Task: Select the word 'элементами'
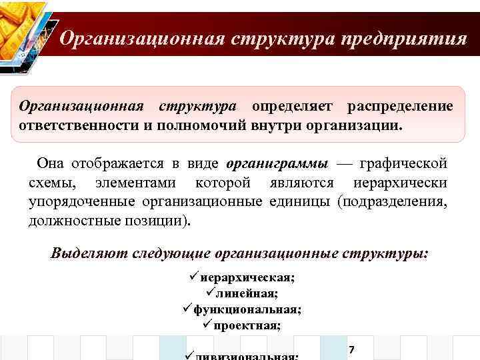coord(136,183)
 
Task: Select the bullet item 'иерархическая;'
coord(246,278)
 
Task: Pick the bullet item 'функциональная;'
coord(247,310)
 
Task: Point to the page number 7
coord(351,350)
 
